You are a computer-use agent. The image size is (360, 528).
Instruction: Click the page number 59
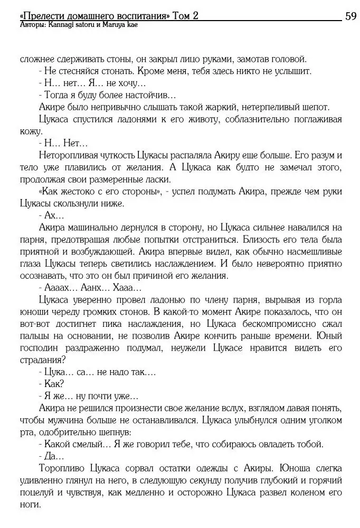351,16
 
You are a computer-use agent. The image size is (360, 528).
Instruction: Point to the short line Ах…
51,215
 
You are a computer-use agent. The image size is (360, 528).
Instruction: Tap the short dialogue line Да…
51,456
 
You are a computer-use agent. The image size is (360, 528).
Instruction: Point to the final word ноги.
30,504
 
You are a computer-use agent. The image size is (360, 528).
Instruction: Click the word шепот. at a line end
311,107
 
